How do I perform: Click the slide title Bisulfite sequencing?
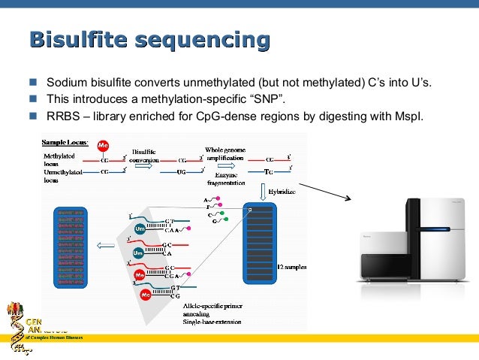pyautogui.click(x=149, y=41)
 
